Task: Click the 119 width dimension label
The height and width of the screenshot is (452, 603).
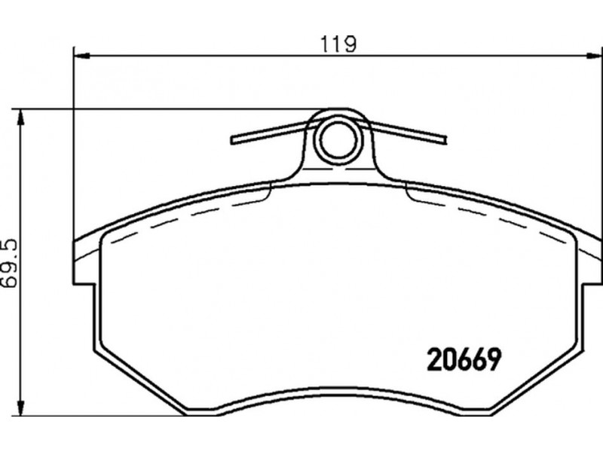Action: pyautogui.click(x=338, y=44)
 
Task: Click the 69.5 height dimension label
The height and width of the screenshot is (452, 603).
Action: pyautogui.click(x=9, y=263)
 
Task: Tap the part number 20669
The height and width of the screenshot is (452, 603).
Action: pyautogui.click(x=464, y=360)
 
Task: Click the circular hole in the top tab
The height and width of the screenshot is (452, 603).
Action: pyautogui.click(x=338, y=139)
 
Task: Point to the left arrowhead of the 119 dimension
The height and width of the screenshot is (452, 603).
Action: pyautogui.click(x=81, y=56)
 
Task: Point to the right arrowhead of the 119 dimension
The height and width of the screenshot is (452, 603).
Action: pyautogui.click(x=594, y=56)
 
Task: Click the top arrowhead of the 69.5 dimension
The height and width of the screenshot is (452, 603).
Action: pyautogui.click(x=21, y=118)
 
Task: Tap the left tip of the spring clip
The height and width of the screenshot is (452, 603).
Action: pyautogui.click(x=232, y=140)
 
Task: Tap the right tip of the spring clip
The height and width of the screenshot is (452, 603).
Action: pyautogui.click(x=445, y=139)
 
